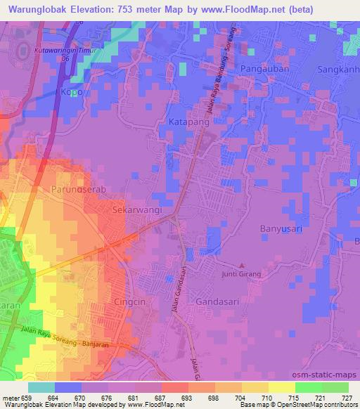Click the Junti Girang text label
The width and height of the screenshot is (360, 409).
click(x=241, y=274)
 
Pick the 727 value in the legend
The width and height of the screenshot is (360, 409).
click(x=347, y=398)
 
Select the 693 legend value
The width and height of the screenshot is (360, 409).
click(x=186, y=398)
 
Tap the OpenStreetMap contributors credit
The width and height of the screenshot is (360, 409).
click(x=313, y=405)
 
